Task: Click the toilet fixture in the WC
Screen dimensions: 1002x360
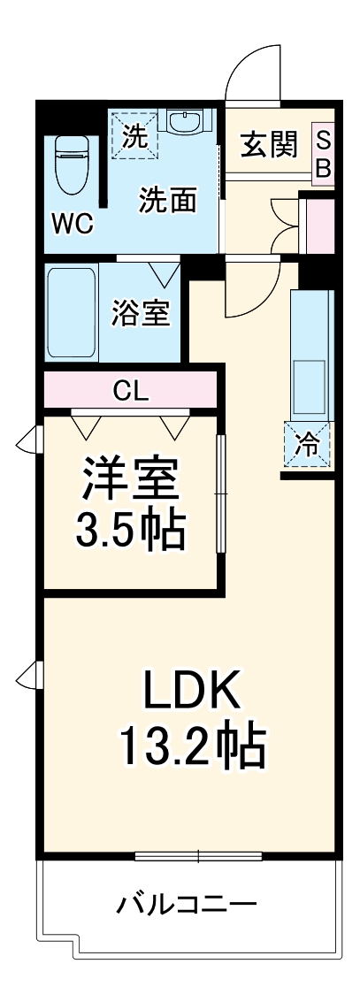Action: click(70, 164)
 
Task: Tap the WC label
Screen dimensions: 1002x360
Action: click(71, 225)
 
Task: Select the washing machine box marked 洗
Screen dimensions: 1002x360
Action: click(133, 136)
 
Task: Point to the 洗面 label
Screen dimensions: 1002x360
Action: click(166, 202)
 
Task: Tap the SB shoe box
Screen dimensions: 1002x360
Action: click(323, 154)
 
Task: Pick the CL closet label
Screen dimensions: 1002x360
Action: click(129, 389)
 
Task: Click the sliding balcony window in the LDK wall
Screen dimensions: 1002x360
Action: click(199, 855)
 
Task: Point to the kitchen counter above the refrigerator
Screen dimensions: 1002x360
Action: click(310, 354)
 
